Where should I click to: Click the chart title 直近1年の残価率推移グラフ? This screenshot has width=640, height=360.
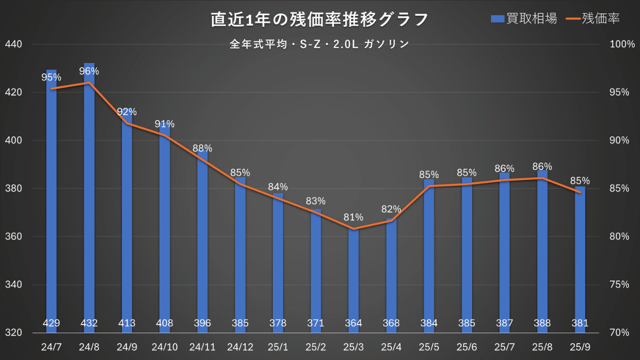pos(319,19)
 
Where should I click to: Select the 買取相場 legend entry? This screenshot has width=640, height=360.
pos(524,19)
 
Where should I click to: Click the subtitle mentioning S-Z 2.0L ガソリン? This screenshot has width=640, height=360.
pos(319,44)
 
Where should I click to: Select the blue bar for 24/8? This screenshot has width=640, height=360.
pos(89,200)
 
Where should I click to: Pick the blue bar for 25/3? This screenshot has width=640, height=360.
pos(353,280)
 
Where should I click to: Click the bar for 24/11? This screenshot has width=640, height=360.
pos(202,240)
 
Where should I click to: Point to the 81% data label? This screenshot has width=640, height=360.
pos(353,217)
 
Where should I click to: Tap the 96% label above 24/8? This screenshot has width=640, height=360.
pos(89,71)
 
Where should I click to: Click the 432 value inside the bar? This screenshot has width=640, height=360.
pos(89,323)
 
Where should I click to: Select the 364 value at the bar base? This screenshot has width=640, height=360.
pos(353,323)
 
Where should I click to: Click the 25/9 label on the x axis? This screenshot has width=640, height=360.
pos(580,346)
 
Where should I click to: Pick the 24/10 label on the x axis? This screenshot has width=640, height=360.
pos(164,346)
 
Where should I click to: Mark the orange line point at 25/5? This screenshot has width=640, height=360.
pos(429,186)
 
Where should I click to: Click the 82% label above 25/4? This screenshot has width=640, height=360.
pos(391,209)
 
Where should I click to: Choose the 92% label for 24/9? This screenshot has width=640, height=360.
pos(127,112)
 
